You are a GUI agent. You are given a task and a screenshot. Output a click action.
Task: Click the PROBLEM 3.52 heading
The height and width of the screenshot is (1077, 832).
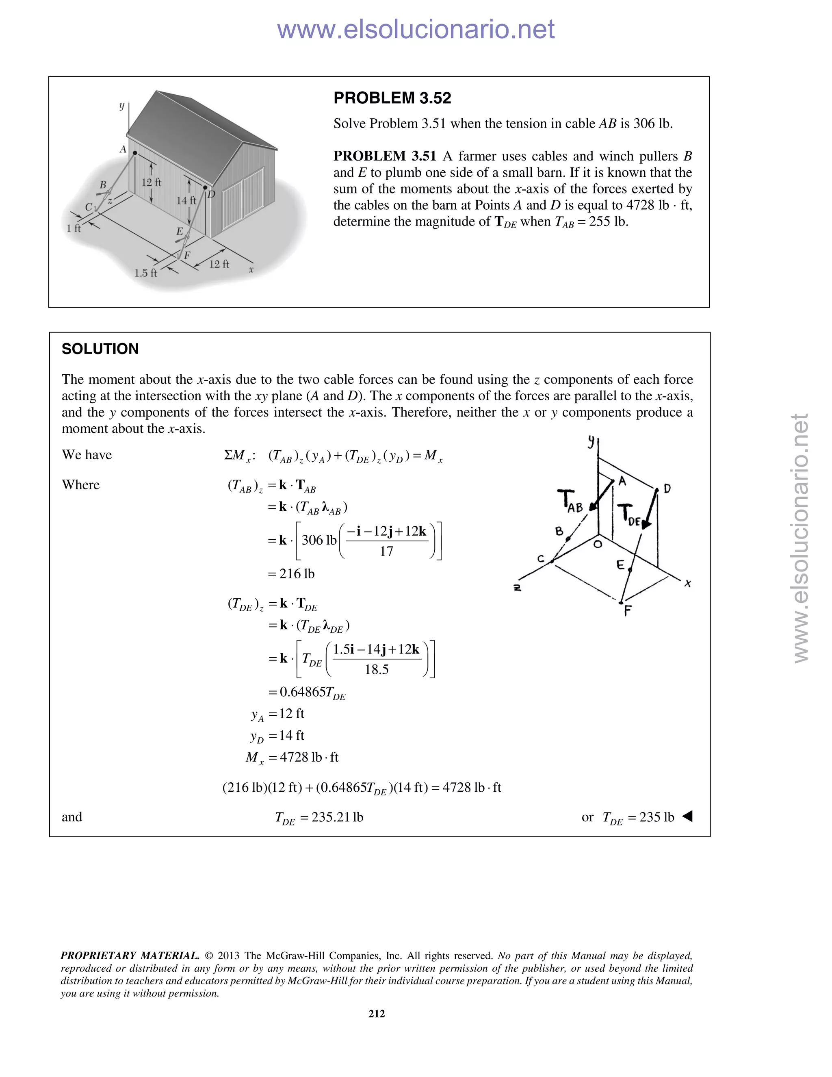coord(392,98)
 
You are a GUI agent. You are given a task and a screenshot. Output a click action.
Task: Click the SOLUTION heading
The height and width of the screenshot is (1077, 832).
coord(100,349)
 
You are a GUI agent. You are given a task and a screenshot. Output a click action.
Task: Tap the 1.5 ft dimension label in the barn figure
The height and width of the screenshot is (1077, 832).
coord(145,273)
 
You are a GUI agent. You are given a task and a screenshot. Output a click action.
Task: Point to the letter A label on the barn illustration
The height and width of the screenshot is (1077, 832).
coord(123,149)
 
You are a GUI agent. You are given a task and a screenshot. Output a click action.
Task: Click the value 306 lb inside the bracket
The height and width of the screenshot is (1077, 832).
coord(319,540)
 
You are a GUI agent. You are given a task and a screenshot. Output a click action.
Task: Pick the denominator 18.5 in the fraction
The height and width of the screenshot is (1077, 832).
coord(377,669)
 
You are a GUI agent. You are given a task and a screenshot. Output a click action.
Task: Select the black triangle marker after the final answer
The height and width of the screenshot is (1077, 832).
coord(687,816)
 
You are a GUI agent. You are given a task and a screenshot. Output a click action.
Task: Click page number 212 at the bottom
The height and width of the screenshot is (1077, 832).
coord(377,1013)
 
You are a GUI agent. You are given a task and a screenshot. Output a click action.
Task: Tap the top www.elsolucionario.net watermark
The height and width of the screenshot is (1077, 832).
coord(416,29)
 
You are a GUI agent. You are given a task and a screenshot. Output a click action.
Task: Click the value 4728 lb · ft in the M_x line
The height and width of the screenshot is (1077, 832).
coord(309,757)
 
